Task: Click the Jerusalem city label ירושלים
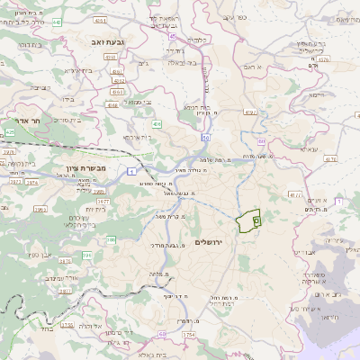pyautogui.click(x=212, y=243)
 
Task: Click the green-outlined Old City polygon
pyautogui.click(x=246, y=220)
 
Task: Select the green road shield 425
pyautogui.click(x=10, y=132)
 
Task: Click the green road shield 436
pyautogui.click(x=157, y=123)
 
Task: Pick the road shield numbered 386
pyautogui.click(x=111, y=238)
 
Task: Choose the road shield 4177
pyautogui.click(x=295, y=193)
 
